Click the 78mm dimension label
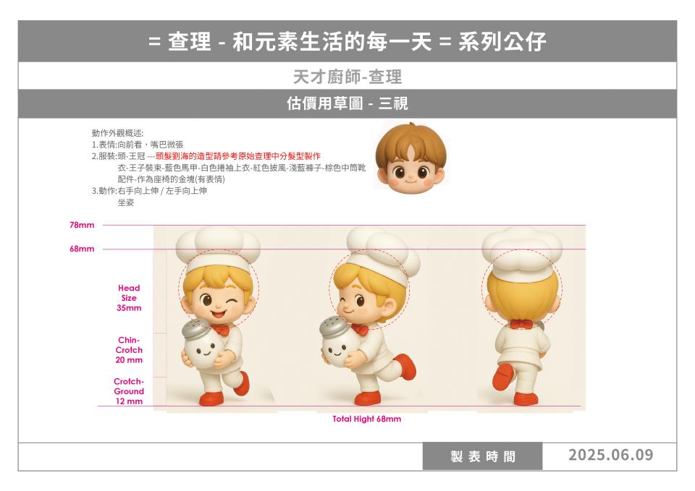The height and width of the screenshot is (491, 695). click(x=82, y=225)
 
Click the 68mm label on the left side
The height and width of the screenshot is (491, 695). click(x=82, y=249)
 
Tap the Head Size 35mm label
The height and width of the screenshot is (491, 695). click(x=129, y=298)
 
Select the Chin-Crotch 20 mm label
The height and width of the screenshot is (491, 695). click(x=129, y=350)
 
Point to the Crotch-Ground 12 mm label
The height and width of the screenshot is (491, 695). click(x=129, y=391)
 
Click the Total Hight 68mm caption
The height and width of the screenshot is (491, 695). click(x=366, y=419)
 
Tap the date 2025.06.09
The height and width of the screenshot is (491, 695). click(x=611, y=455)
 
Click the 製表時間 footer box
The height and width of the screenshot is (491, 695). click(x=482, y=456)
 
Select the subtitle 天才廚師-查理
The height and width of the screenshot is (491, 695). click(x=347, y=77)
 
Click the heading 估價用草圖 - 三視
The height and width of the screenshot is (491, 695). click(x=347, y=103)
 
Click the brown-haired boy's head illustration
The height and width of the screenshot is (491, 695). click(x=410, y=158)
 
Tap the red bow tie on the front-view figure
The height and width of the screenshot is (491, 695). click(x=220, y=330)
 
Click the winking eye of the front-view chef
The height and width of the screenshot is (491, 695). click(x=232, y=302)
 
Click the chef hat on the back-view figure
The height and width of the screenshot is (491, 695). click(x=522, y=253)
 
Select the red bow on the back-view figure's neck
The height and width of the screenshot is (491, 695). click(x=521, y=324)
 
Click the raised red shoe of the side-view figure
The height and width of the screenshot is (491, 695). click(x=405, y=366)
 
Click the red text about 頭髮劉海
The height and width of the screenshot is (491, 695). click(x=238, y=156)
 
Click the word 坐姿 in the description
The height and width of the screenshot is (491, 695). click(x=126, y=202)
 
